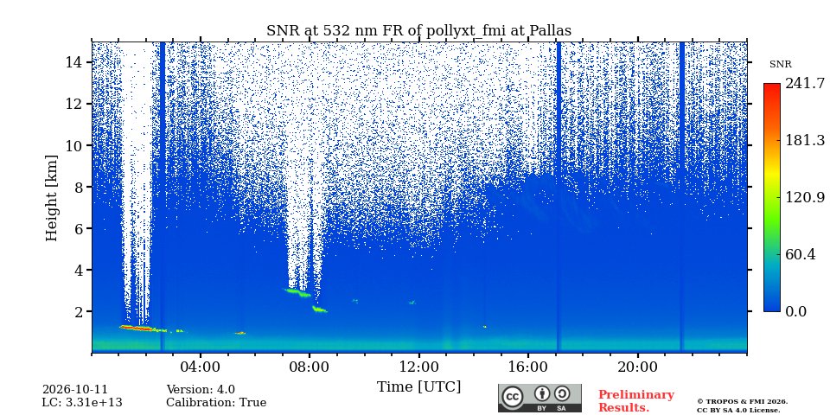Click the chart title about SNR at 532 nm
418,31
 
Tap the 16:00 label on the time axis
528,367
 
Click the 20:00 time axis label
637,367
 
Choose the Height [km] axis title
51,197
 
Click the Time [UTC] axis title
418,386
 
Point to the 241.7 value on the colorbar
805,83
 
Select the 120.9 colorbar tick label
805,197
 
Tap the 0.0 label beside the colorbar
795,311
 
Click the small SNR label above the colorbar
780,65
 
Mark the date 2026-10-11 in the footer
74,390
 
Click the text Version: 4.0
201,390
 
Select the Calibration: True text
216,403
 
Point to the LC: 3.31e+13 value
82,403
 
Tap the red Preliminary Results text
636,400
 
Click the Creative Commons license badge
539,398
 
